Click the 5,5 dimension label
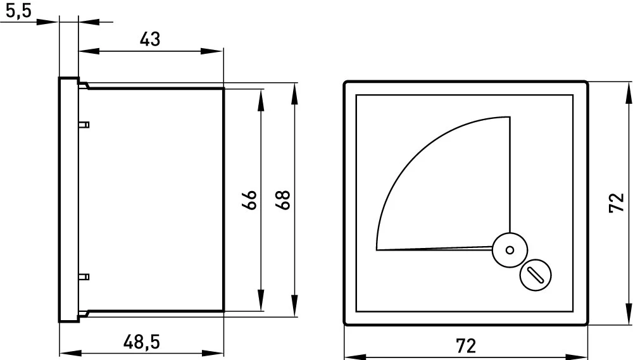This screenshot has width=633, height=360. [18, 11]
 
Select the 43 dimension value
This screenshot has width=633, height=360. [150, 40]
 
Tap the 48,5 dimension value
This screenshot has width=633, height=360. [142, 342]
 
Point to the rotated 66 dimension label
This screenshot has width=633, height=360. [250, 200]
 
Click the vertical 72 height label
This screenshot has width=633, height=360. [617, 203]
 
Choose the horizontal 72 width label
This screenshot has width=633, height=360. [466, 346]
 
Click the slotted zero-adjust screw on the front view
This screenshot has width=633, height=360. [536, 275]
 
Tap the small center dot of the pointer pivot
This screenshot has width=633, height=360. [510, 250]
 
